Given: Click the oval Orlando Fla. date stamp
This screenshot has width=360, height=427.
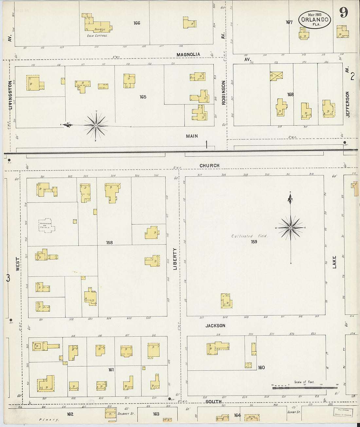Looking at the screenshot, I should point(315,19).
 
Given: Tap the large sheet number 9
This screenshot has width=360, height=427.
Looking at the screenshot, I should point(343,12).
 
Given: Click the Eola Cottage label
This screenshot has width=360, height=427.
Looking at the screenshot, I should point(97,35).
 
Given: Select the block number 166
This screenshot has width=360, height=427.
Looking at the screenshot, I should point(137,23).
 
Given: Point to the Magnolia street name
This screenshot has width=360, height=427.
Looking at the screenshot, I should point(188,54).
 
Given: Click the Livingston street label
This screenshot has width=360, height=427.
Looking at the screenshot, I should point(10,95).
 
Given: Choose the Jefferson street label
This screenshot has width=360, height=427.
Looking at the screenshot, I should point(348,104).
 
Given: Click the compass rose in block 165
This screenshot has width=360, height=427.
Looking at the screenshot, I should point(96,125).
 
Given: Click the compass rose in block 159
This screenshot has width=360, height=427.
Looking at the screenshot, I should point(290,228).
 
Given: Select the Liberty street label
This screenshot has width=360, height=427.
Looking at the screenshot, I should point(175,259).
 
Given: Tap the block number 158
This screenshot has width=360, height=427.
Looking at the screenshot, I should point(109,242).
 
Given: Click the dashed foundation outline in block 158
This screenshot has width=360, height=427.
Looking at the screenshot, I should point(45,225).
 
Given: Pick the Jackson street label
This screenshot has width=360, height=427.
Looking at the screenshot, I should point(215,326).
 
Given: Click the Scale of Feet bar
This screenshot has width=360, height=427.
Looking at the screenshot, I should point(304,387).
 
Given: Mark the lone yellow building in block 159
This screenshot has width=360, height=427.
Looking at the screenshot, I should point(226,301).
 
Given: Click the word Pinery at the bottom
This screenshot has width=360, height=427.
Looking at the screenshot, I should point(49,419).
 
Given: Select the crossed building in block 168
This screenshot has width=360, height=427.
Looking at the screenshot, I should point(277,76).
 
